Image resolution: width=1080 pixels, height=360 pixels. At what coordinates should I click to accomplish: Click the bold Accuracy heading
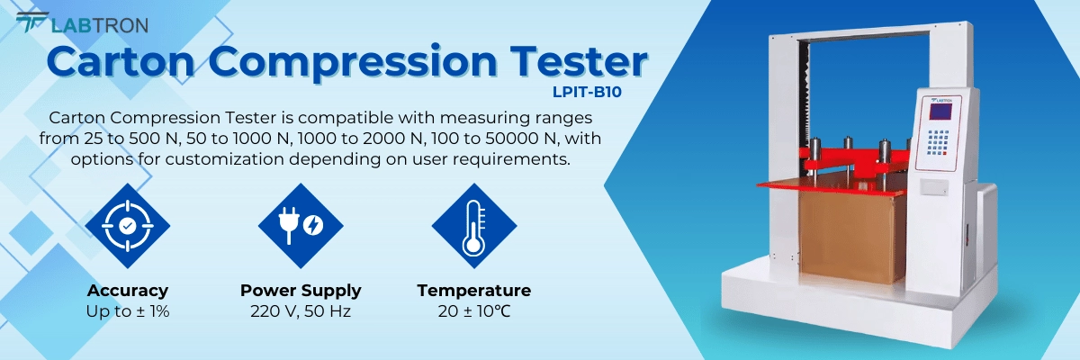coord(128,291)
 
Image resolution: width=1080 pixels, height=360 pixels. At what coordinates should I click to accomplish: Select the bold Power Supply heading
coord(301,291)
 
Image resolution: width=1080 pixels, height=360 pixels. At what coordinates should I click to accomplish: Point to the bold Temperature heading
coord(473,291)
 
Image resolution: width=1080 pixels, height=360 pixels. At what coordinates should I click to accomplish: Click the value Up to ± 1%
coord(128,312)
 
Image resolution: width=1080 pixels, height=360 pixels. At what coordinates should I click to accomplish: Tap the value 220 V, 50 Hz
coord(301,312)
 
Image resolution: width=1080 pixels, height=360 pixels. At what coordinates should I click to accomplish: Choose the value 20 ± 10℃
coord(473,312)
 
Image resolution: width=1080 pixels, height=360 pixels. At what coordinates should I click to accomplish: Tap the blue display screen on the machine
coord(940,113)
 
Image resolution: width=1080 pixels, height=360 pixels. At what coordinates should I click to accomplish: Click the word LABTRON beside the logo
coord(99,25)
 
